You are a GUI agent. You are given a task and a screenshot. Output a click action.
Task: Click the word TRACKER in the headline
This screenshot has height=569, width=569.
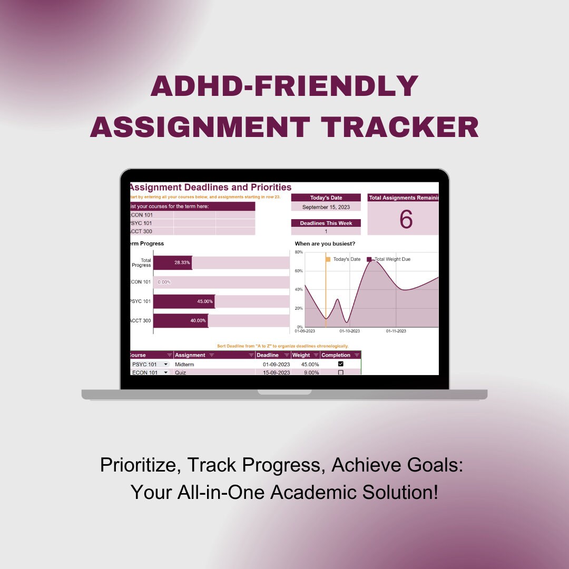tap(400, 127)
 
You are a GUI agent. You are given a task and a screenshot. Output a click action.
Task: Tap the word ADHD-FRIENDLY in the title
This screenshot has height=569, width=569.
tap(284, 86)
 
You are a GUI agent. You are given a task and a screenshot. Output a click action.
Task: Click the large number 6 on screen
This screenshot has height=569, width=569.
tap(406, 219)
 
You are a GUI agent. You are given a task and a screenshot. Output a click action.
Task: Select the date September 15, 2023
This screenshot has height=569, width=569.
tap(326, 207)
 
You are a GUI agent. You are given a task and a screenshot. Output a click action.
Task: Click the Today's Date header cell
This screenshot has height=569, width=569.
tap(326, 198)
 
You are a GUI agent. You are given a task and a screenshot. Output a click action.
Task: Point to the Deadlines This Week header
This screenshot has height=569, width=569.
tap(326, 223)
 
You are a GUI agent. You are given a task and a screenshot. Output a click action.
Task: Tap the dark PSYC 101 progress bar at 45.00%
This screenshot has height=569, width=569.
tap(184, 301)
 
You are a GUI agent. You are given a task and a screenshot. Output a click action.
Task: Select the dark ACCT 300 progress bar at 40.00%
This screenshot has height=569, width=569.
tap(180, 320)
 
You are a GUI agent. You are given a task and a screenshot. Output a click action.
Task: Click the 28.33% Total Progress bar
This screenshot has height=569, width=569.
tap(172, 262)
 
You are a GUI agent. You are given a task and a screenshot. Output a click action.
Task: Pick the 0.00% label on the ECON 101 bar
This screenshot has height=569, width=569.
tap(164, 282)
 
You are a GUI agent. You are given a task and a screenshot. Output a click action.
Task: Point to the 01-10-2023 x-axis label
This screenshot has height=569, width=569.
tap(349, 331)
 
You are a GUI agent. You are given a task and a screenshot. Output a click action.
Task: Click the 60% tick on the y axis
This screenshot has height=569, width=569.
tap(299, 271)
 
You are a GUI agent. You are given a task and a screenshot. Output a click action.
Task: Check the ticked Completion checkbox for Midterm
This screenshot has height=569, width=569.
tap(340, 364)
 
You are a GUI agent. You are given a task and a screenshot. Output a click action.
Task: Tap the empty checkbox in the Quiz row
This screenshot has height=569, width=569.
tap(340, 372)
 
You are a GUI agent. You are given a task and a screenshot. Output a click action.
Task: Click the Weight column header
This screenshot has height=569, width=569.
tap(301, 355)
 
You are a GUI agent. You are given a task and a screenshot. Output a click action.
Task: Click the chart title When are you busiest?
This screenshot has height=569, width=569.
tap(325, 243)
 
